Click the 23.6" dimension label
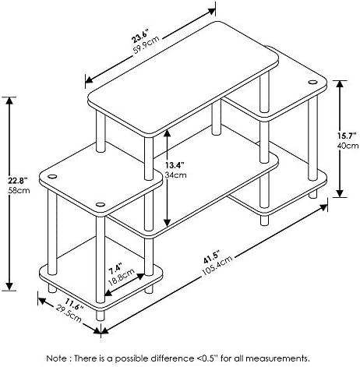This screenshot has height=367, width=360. (x=140, y=37)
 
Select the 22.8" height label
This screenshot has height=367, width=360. (x=18, y=180)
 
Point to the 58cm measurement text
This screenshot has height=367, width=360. (x=19, y=190)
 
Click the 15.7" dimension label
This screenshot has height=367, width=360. (x=348, y=136)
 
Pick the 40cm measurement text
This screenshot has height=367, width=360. (x=348, y=146)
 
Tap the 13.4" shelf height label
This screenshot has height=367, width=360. (x=175, y=164)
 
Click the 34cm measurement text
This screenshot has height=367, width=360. (x=175, y=175)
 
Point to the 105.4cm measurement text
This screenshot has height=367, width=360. (x=217, y=266)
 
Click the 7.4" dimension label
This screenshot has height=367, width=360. (x=115, y=269)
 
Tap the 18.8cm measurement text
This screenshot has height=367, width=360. (x=122, y=277)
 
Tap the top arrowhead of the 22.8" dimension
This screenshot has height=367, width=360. (x=9, y=101)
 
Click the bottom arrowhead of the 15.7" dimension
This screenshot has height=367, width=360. (x=340, y=193)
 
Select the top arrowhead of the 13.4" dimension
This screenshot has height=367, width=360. (x=167, y=133)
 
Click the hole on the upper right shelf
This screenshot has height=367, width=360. (x=312, y=83)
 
